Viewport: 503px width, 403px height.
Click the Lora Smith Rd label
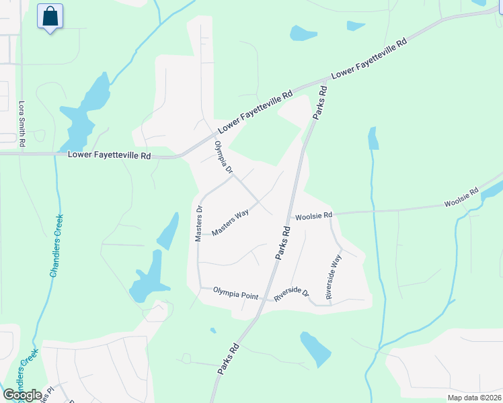22,124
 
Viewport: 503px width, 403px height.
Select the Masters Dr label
199,224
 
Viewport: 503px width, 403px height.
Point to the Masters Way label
230,224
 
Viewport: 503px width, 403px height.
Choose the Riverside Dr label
291,295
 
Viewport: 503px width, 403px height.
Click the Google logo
22,394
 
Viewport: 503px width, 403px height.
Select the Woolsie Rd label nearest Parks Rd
314,216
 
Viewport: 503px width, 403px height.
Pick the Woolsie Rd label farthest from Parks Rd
461,197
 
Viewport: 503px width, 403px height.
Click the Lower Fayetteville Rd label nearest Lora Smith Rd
110,155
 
